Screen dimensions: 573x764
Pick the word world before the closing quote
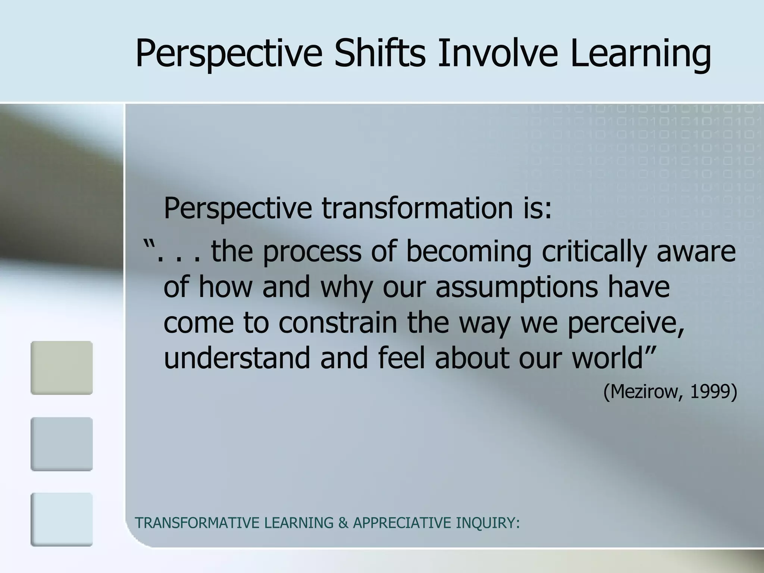607,357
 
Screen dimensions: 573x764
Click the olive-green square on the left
62,367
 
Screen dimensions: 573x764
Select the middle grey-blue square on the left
62,444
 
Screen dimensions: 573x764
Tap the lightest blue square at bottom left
62,519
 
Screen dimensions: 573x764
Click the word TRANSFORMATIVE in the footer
197,523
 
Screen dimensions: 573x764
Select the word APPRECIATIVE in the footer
402,523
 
